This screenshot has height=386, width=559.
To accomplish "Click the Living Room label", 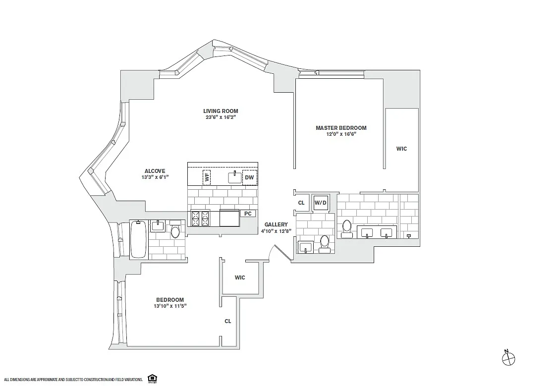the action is click(221, 111).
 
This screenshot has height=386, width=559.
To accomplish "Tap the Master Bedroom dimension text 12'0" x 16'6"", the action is click(341, 134).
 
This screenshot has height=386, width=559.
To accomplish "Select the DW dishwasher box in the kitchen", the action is click(250, 177).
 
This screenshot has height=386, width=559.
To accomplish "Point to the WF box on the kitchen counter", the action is click(207, 177).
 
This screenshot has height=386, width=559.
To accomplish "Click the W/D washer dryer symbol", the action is click(321, 203).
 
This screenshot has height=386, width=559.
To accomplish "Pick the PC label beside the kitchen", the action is click(248, 214).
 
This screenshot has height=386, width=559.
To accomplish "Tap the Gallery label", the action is click(276, 224).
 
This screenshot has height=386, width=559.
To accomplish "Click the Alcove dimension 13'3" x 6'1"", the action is click(155, 177).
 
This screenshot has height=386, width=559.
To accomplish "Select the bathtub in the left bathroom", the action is click(138, 239).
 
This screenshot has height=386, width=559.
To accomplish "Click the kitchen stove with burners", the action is click(200, 218).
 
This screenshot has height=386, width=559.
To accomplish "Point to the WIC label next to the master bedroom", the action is click(401, 149).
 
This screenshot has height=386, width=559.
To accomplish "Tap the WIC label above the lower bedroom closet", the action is click(240, 277).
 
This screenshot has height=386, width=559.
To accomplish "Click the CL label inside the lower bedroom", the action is click(228, 321).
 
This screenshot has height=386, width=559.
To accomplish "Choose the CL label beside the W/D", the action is click(301, 203).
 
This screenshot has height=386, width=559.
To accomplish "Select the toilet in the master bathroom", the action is click(346, 229).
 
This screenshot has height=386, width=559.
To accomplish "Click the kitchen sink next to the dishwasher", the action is click(234, 177).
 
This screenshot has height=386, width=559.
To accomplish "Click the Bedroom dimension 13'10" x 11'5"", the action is click(170, 306).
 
